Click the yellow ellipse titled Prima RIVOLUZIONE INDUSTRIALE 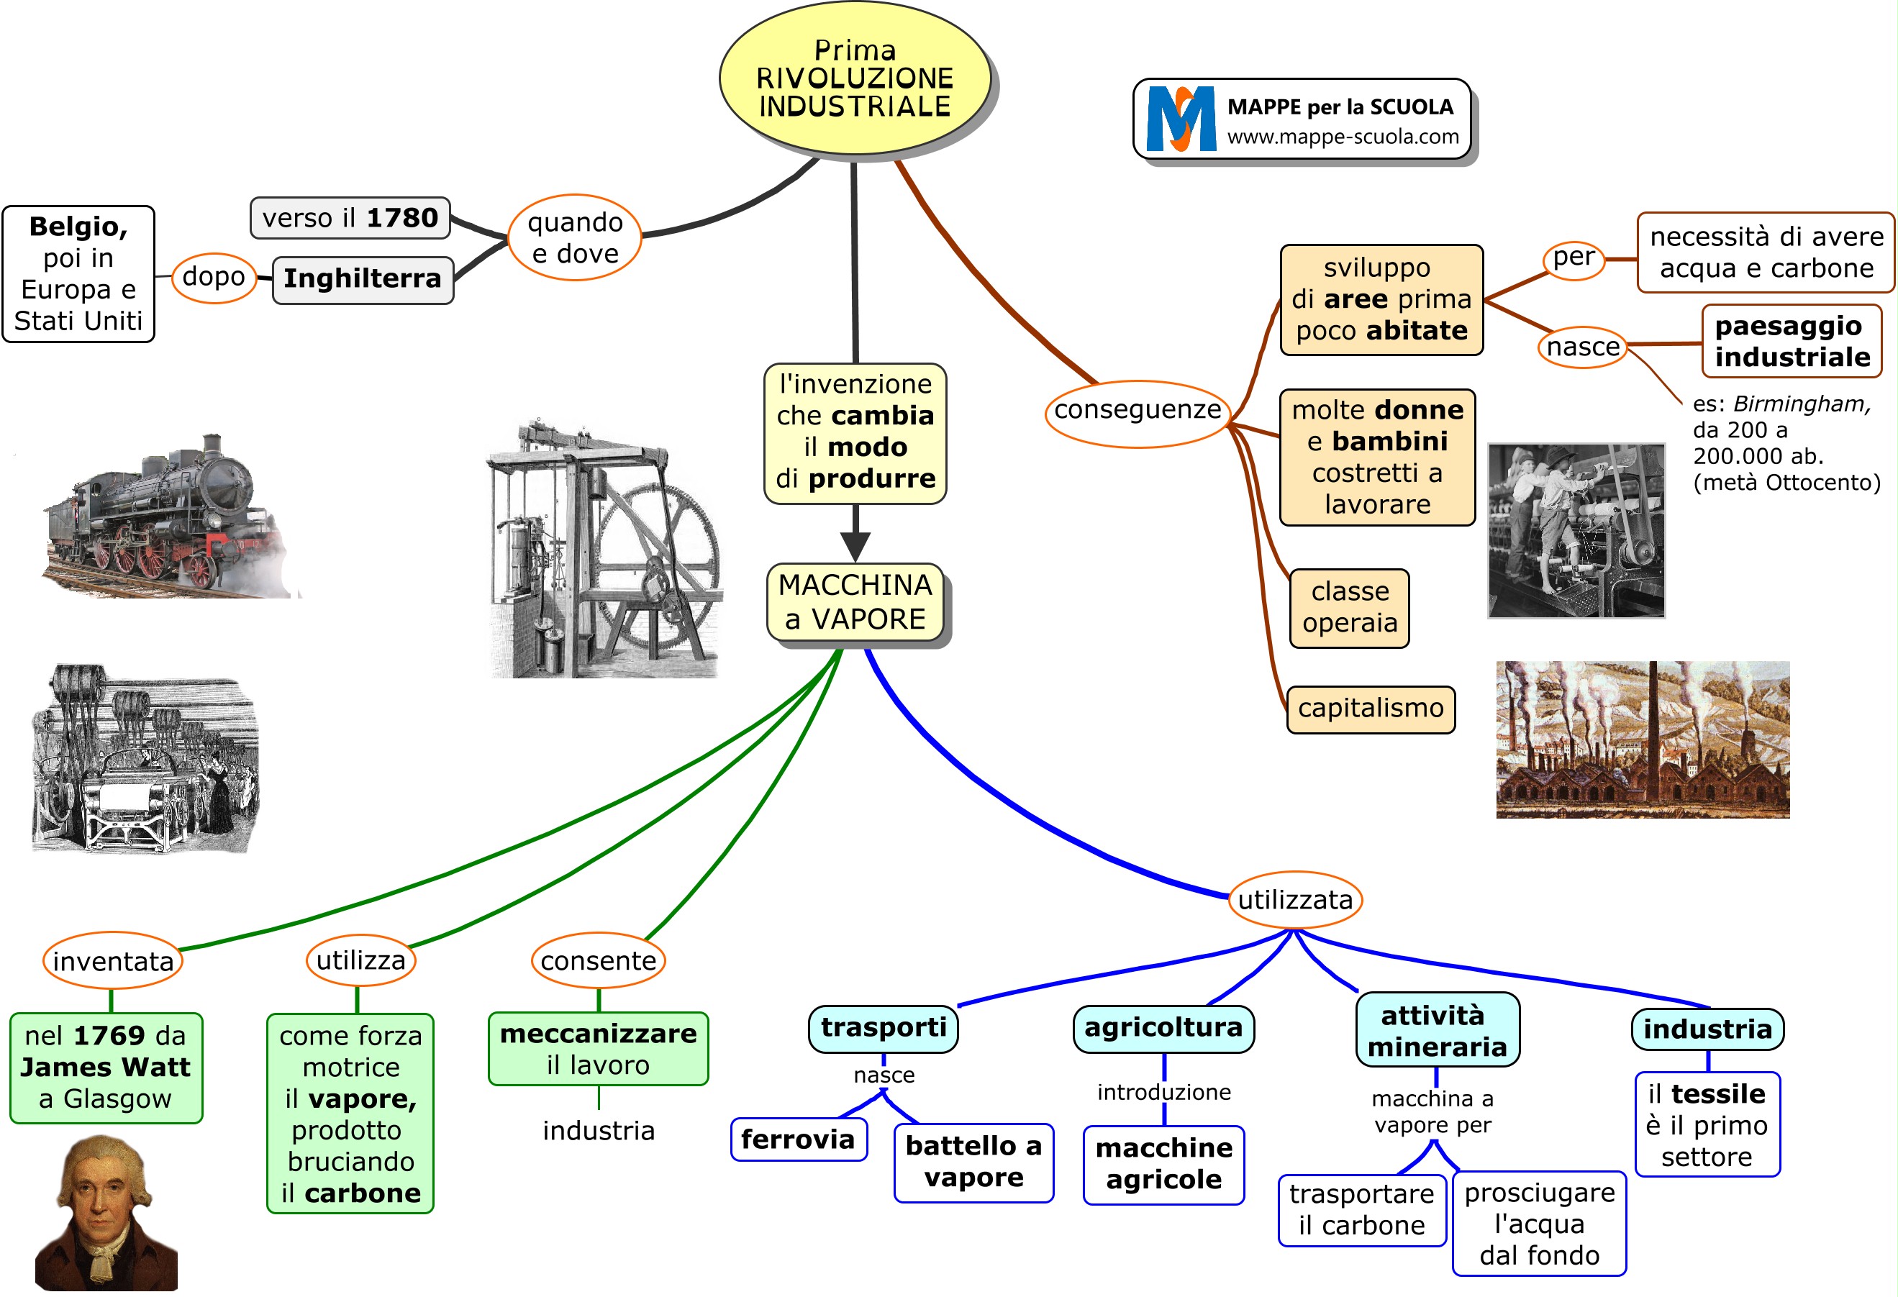pos(854,78)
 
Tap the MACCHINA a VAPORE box pos(855,603)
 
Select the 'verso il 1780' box pos(350,218)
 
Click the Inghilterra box pos(363,278)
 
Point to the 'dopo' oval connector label pos(213,277)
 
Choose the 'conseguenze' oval pos(1137,411)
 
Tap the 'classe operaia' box pos(1349,608)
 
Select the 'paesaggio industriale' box pos(1792,342)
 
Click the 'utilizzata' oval pos(1294,900)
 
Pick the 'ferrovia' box pos(798,1139)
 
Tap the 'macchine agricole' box pos(1164,1164)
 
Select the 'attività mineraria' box pos(1437,1031)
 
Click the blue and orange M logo pos(1180,119)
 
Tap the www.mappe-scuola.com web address pos(1343,137)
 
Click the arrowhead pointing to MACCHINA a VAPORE pos(855,545)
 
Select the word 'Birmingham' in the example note pos(1801,404)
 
